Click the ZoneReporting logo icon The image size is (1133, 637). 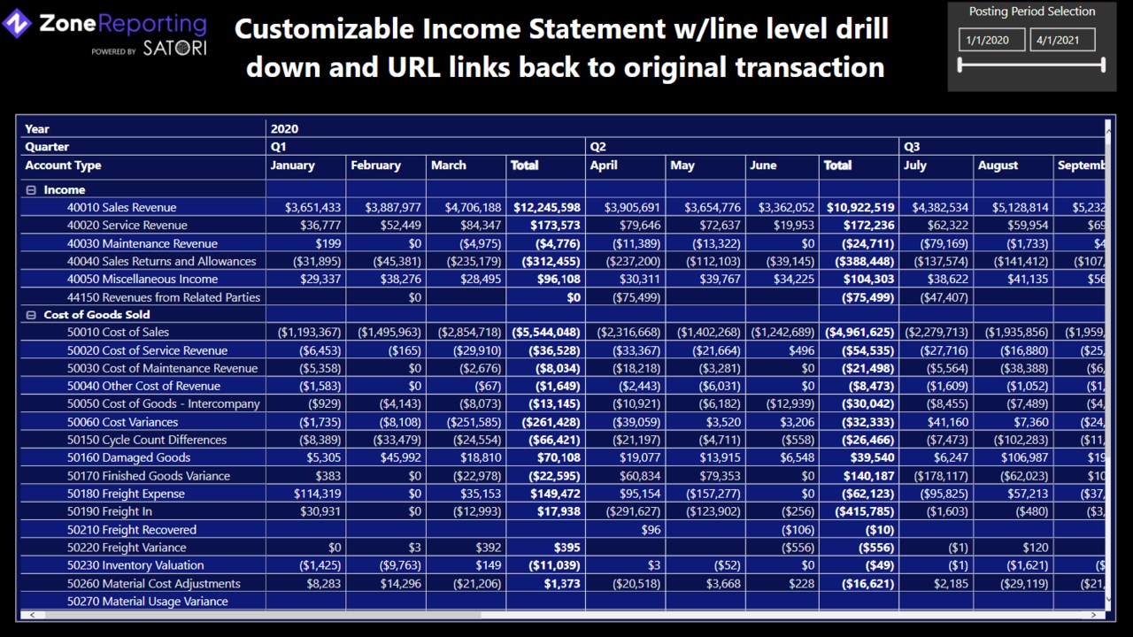pyautogui.click(x=18, y=25)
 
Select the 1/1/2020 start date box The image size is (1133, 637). pyautogui.click(x=991, y=40)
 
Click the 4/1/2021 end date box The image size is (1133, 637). pyautogui.click(x=1062, y=40)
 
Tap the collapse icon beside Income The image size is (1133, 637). pyautogui.click(x=31, y=190)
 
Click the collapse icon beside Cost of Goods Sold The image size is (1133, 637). pyautogui.click(x=31, y=315)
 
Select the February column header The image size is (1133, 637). pyautogui.click(x=375, y=165)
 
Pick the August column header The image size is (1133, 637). pyautogui.click(x=998, y=165)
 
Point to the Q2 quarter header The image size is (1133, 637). pyautogui.click(x=598, y=147)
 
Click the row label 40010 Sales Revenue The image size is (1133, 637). pyautogui.click(x=121, y=208)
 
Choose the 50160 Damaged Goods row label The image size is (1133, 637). pyautogui.click(x=128, y=458)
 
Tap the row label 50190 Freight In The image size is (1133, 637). pyautogui.click(x=109, y=511)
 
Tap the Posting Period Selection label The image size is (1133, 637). pyautogui.click(x=1031, y=12)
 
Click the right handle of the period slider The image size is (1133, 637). pyautogui.click(x=1103, y=65)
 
